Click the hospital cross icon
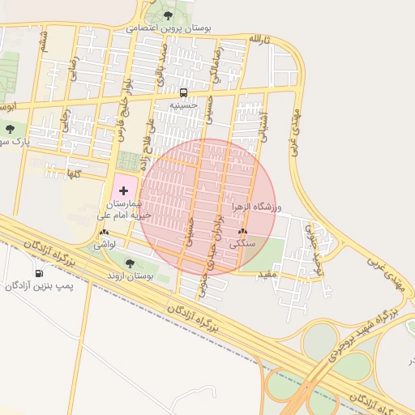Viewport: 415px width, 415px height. pos(123,189)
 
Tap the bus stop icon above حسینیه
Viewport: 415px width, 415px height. pos(183,92)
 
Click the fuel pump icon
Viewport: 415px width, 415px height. pos(39,272)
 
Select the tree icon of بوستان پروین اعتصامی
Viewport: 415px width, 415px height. pos(168,15)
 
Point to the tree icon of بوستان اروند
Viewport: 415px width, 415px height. pos(130,263)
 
